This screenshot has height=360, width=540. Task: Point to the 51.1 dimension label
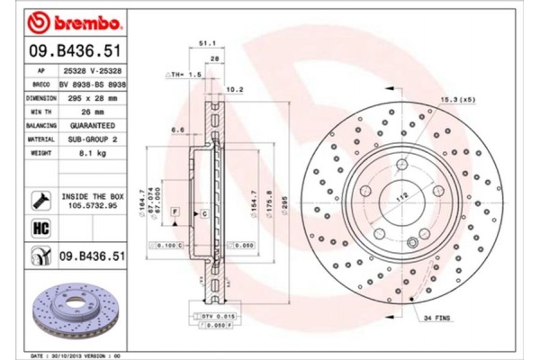(205, 42)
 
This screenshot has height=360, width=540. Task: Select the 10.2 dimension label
(235, 89)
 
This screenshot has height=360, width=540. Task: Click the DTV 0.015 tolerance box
(213, 317)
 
